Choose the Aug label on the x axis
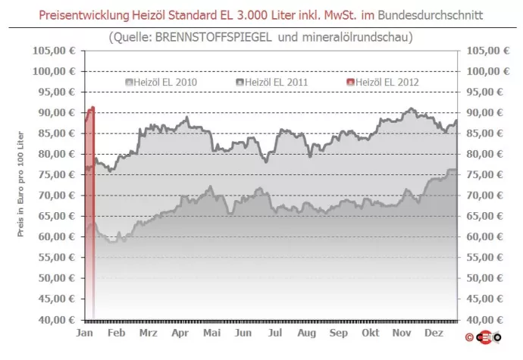click(x=307, y=333)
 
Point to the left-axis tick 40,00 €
click(x=55, y=319)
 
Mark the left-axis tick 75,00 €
click(x=55, y=174)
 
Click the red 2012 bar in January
click(x=90, y=212)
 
